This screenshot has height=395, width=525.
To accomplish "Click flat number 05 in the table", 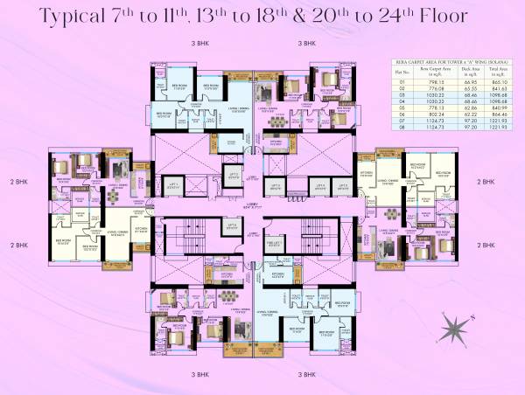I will pyautogui.click(x=402, y=114).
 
